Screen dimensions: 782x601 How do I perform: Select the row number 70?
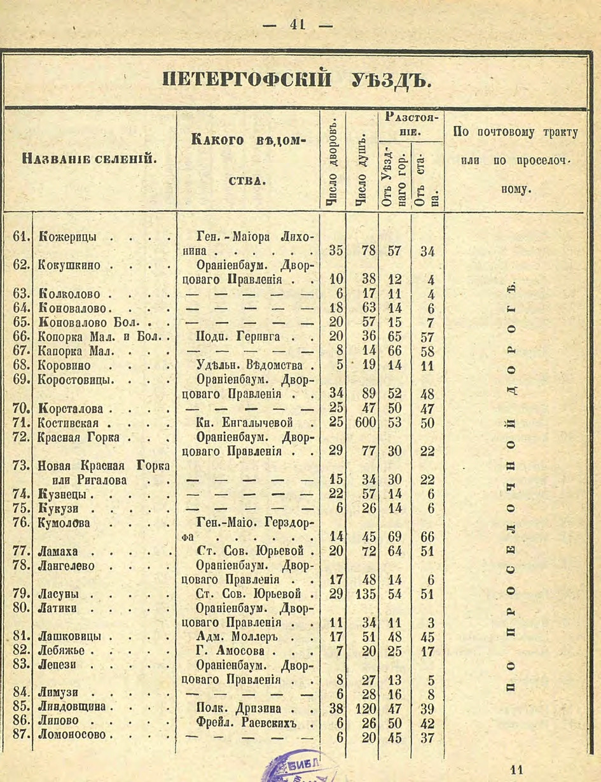[x=21, y=407]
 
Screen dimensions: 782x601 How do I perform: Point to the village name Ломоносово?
[x=74, y=736]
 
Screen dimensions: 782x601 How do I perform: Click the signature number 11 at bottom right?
[x=516, y=769]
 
